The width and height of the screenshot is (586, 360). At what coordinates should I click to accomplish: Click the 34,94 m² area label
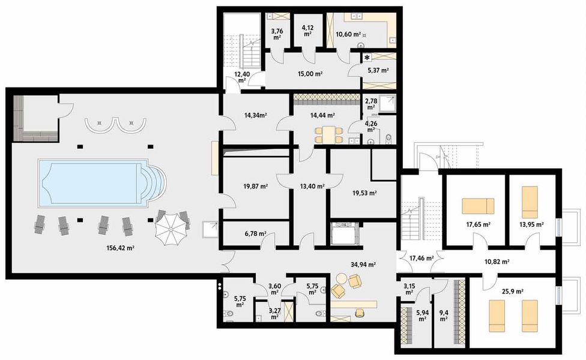(363, 264)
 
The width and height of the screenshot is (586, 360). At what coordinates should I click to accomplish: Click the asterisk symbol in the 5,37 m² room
(366, 57)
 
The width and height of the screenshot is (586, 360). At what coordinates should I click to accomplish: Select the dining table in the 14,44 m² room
(328, 133)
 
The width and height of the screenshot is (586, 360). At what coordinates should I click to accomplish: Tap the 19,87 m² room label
(256, 186)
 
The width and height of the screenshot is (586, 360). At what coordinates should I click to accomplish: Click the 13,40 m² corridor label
(312, 186)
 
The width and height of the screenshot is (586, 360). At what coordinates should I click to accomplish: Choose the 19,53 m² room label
(364, 193)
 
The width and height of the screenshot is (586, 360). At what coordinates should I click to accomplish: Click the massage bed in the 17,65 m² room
(478, 206)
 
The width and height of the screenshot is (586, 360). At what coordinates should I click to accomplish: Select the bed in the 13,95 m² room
(529, 202)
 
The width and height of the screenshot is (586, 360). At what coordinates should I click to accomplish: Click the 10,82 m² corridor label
(497, 262)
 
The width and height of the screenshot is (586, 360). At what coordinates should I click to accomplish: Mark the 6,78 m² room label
(254, 234)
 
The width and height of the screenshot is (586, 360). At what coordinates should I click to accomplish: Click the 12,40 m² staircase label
(242, 76)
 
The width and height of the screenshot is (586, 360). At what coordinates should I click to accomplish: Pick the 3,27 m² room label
(274, 313)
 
